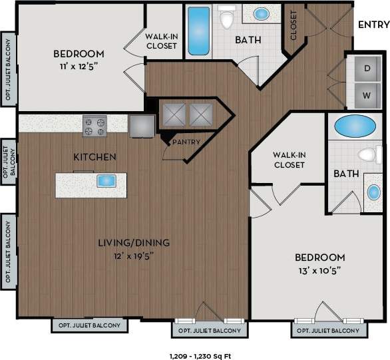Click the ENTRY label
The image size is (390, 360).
(x=373, y=25)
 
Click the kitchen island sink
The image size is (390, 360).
(x=106, y=180)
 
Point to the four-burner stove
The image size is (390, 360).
(x=95, y=125)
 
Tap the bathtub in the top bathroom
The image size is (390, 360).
(x=198, y=31)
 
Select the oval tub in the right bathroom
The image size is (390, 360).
(x=353, y=125)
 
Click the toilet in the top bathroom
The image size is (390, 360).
(x=226, y=18)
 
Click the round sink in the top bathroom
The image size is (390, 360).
(x=262, y=13)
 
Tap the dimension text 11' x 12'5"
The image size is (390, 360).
(x=79, y=66)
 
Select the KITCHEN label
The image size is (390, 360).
(x=95, y=157)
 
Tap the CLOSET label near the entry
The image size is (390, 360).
(x=293, y=25)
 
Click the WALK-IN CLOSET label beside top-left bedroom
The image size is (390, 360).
(x=162, y=41)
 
